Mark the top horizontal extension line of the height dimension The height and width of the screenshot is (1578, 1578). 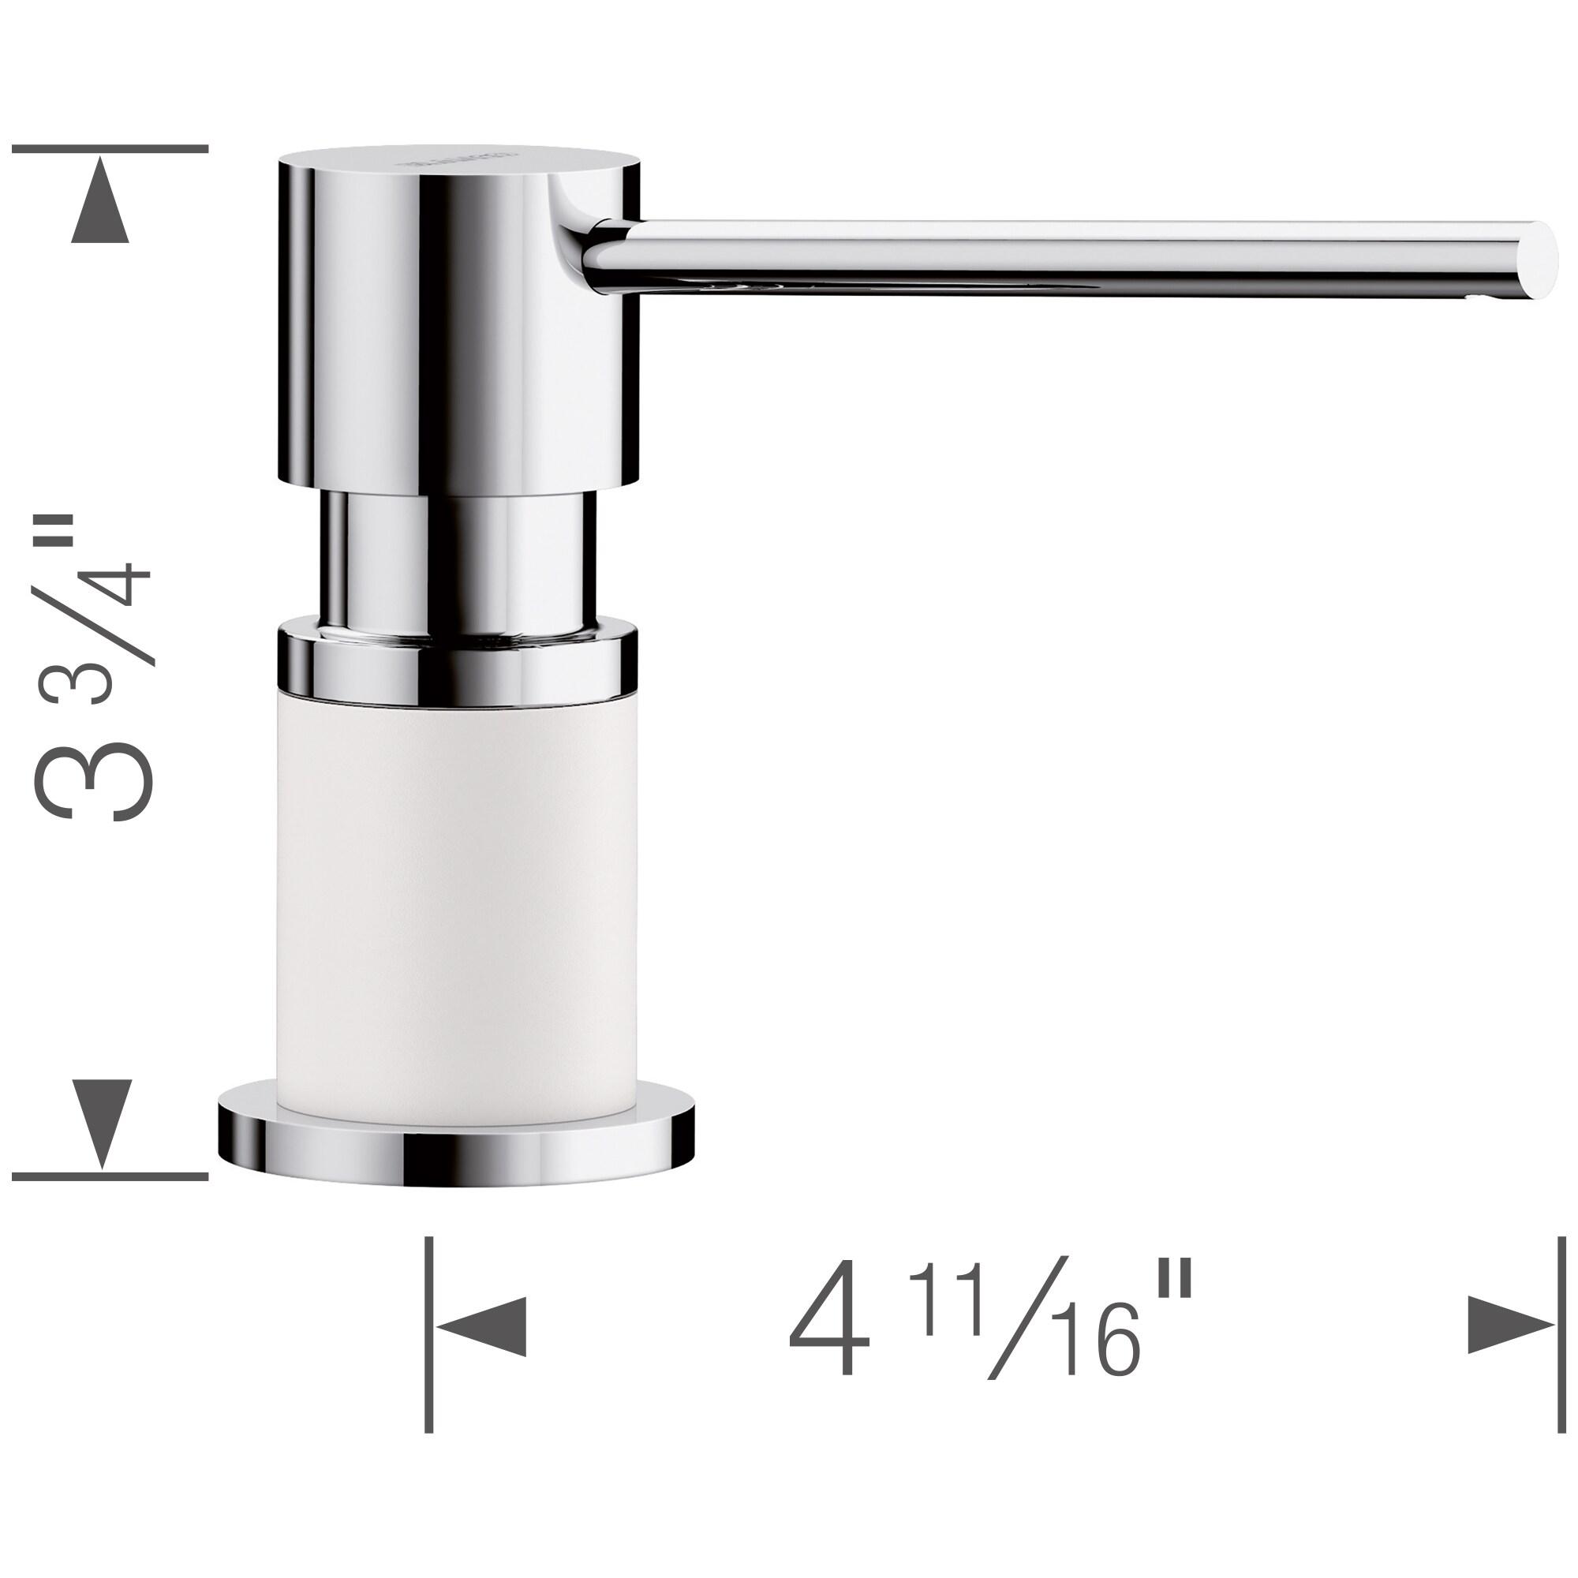110,149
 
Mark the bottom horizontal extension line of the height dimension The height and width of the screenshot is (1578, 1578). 110,1176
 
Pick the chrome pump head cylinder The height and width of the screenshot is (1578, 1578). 458,327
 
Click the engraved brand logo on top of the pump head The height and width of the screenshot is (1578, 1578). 458,157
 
